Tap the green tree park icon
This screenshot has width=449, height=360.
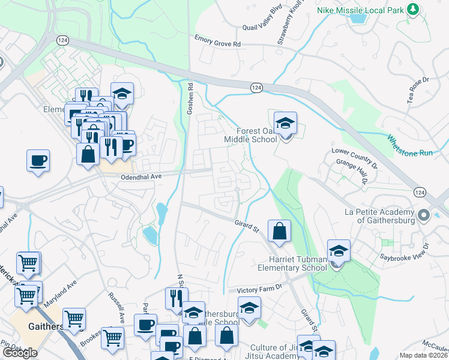click(412, 9)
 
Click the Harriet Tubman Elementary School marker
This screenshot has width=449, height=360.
click(339, 252)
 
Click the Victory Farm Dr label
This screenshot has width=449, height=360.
click(259, 289)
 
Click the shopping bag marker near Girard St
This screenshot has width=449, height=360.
click(280, 232)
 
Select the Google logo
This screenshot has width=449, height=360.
click(20, 353)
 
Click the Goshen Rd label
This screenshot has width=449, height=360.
click(190, 95)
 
